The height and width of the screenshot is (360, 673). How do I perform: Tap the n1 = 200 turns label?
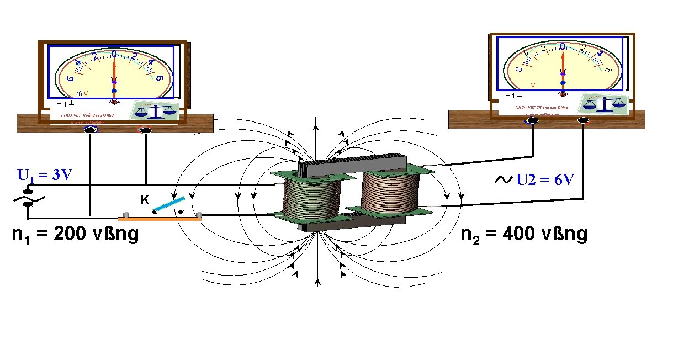click(75, 235)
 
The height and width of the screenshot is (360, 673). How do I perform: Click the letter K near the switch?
click(144, 200)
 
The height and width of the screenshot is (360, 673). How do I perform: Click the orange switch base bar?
click(160, 219)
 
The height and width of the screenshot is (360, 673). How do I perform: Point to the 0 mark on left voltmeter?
click(114, 54)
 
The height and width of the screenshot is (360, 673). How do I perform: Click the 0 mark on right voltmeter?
click(562, 46)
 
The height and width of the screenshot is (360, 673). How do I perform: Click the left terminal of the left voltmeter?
click(89, 130)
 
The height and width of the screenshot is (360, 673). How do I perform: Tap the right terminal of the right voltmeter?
click(584, 120)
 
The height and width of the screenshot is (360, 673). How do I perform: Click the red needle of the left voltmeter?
click(114, 72)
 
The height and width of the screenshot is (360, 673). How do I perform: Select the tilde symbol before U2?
click(504, 180)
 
